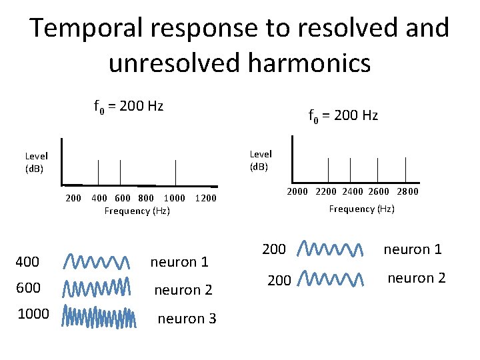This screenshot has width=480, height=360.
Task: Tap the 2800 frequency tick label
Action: [407, 192]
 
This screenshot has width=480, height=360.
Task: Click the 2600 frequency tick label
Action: [379, 192]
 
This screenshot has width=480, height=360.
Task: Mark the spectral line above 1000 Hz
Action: [176, 172]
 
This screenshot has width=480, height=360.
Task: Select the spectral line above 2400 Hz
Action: [353, 169]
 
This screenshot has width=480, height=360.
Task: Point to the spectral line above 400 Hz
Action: [98, 172]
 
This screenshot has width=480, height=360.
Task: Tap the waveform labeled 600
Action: [98, 288]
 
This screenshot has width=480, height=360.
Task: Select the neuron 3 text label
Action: [187, 319]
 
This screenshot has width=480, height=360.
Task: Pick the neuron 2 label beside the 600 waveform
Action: [183, 290]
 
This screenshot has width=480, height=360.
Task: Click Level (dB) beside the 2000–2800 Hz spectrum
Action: [261, 161]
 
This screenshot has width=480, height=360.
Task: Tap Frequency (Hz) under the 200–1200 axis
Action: [137, 211]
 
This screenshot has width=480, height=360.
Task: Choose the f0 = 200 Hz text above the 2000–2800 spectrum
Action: [343, 115]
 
